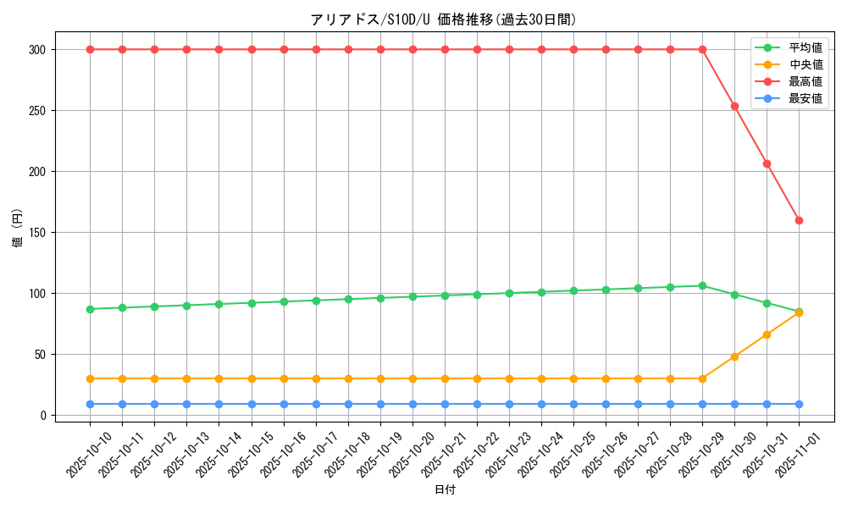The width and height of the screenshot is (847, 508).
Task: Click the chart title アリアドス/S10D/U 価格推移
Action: [444, 19]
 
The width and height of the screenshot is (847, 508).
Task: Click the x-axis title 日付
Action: [445, 490]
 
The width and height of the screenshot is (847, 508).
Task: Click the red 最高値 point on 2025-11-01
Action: [799, 220]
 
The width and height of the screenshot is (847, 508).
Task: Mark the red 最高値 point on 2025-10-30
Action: [734, 106]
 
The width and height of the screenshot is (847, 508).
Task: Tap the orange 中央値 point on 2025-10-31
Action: [767, 334]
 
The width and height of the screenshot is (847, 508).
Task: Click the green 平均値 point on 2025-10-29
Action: [702, 285]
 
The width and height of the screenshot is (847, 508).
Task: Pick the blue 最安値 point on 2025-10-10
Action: [90, 404]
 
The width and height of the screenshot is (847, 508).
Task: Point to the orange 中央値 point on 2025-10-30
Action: [734, 356]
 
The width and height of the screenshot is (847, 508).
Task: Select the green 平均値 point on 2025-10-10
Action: [90, 309]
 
